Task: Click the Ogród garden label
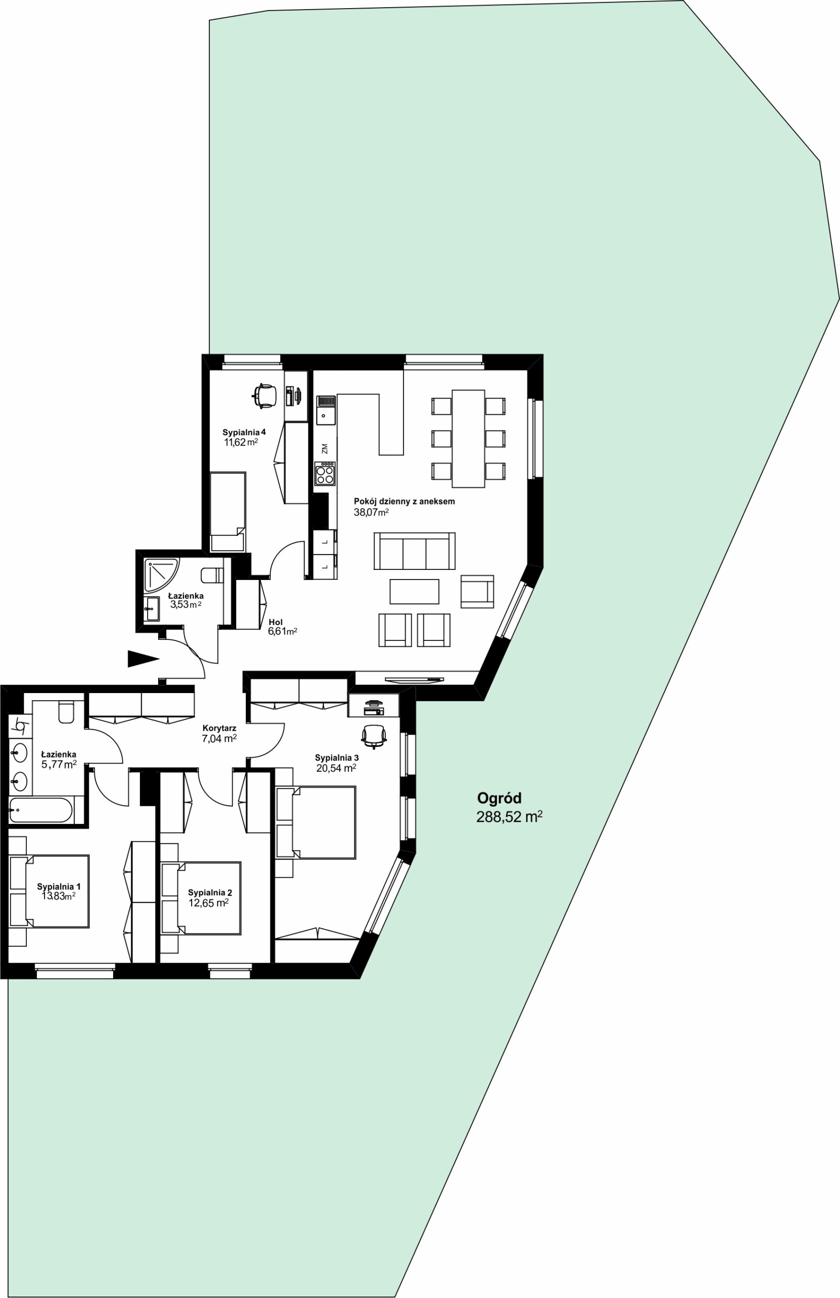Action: click(499, 799)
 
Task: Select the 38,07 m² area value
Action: click(371, 512)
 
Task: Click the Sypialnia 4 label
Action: click(244, 432)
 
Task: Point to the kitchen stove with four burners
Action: click(324, 474)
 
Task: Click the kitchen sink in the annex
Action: click(326, 410)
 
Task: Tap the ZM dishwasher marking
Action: click(324, 448)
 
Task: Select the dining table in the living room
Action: click(468, 439)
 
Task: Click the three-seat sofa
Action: click(415, 551)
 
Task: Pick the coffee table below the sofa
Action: click(414, 592)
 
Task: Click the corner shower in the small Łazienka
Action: click(161, 575)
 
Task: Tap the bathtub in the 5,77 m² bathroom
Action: click(41, 811)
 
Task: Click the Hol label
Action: click(275, 622)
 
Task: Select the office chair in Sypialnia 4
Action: click(265, 395)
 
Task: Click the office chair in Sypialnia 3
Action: click(374, 736)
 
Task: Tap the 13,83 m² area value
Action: click(58, 896)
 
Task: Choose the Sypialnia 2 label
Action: click(210, 893)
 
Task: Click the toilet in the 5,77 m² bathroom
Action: click(66, 712)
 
